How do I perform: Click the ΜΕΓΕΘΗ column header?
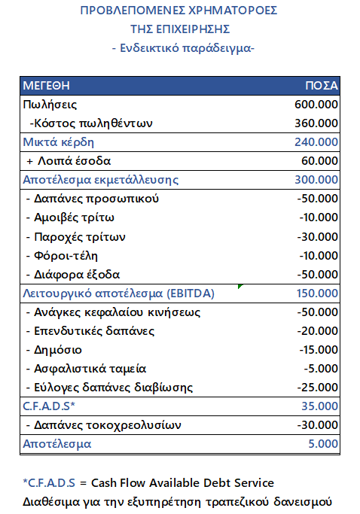[44, 85]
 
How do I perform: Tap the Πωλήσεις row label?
[50, 104]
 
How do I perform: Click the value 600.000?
[316, 104]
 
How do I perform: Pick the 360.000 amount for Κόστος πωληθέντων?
[316, 123]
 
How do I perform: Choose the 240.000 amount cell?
[316, 141]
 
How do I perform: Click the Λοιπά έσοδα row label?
[69, 161]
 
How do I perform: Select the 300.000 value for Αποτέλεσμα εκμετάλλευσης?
[316, 180]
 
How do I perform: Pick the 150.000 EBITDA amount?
[316, 293]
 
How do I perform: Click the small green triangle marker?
[240, 287]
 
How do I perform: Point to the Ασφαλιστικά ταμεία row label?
[85, 369]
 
